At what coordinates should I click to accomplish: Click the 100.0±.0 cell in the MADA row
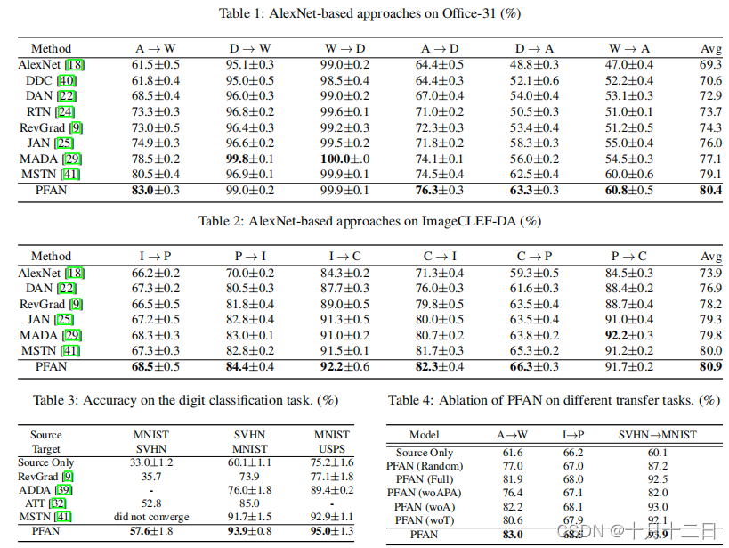[x=345, y=159]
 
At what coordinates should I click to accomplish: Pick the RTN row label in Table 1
[x=41, y=112]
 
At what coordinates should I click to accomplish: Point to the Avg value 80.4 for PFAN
[x=710, y=190]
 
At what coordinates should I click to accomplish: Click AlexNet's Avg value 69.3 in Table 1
[x=710, y=64]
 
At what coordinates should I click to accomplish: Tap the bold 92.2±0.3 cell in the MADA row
[x=628, y=335]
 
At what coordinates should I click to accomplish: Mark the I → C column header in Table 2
[x=345, y=257]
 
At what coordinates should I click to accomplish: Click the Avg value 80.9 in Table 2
[x=710, y=366]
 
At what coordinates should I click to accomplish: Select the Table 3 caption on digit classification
[x=185, y=400]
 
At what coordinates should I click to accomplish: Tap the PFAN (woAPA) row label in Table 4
[x=425, y=493]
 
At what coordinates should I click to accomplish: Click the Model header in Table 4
[x=425, y=435]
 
